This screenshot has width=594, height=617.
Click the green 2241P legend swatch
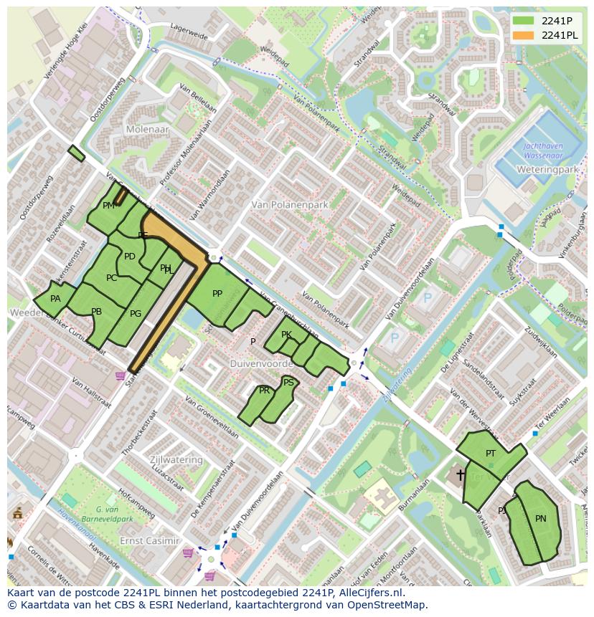[523, 20]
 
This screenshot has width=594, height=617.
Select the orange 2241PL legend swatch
[523, 35]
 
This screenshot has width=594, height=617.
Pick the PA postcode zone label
[55, 299]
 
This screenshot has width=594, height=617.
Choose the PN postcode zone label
[540, 518]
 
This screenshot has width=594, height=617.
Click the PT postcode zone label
[491, 453]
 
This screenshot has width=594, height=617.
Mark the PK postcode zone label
[286, 335]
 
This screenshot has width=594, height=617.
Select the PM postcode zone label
[109, 206]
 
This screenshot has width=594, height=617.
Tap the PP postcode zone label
[217, 293]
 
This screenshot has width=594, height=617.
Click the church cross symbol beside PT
[460, 474]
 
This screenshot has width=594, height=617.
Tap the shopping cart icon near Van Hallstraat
[120, 376]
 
